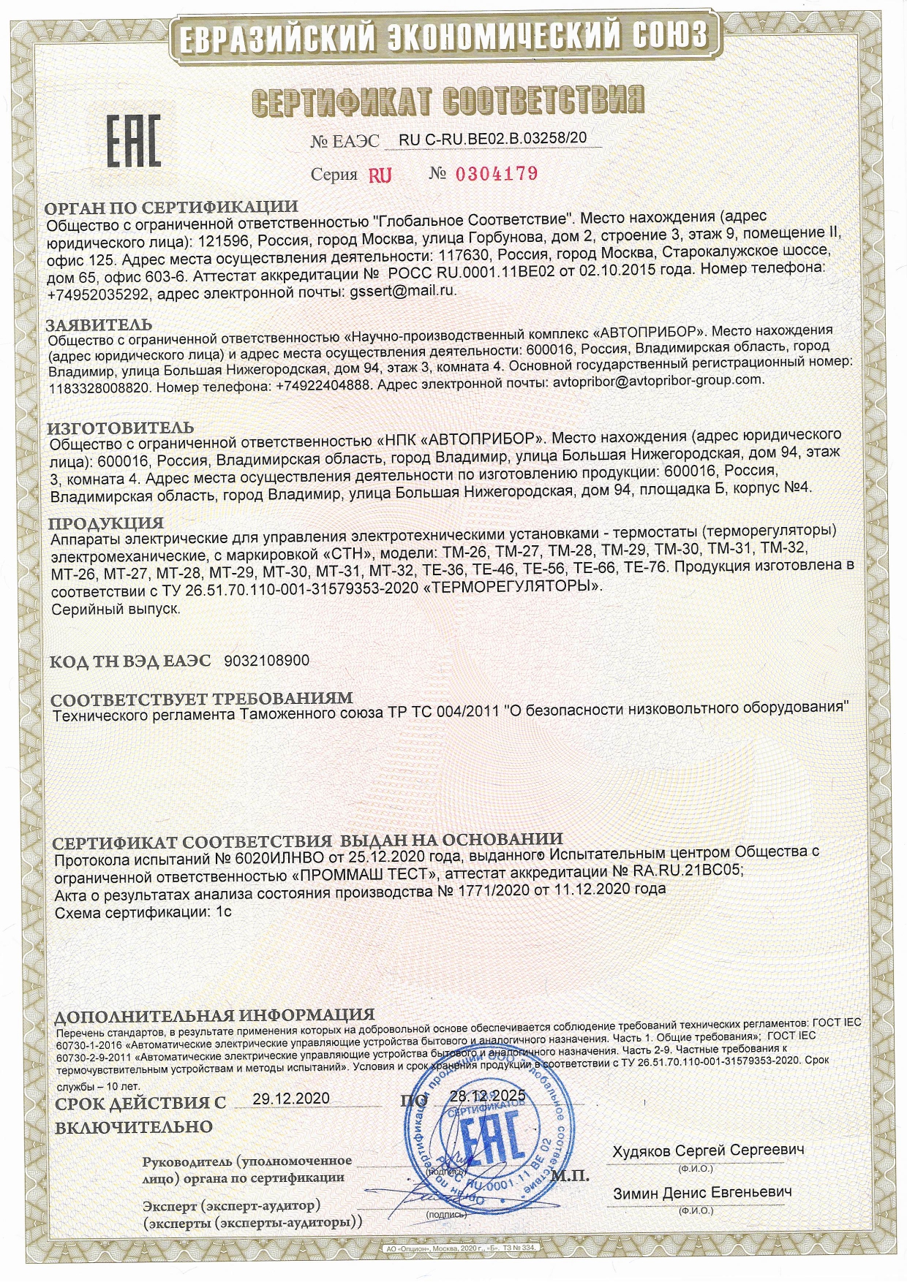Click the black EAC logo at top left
[x=134, y=142]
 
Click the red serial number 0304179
[x=497, y=174]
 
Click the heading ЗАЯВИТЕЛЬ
[x=99, y=325]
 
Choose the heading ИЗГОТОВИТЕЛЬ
[x=121, y=428]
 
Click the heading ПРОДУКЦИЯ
[x=106, y=523]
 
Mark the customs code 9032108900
[x=267, y=661]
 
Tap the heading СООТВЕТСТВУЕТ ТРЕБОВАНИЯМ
[x=202, y=699]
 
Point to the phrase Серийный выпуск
[x=116, y=609]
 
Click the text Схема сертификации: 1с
[x=143, y=913]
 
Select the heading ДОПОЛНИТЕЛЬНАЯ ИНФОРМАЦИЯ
[x=214, y=1015]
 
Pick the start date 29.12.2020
[x=291, y=1099]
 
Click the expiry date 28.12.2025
[x=488, y=1096]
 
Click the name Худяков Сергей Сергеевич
[x=708, y=1150]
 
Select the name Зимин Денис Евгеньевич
[x=702, y=1192]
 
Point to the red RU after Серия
[x=380, y=175]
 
